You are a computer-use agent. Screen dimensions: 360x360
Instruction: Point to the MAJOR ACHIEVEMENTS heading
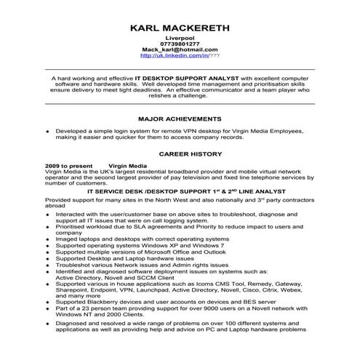click(180, 118)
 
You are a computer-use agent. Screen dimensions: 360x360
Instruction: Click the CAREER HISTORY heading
click(180, 155)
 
